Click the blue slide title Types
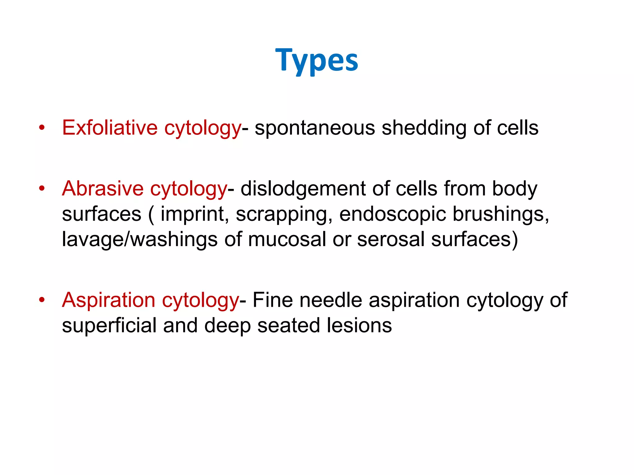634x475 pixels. tap(316, 60)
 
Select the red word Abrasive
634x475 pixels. tap(102, 188)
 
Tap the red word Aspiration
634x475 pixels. tap(108, 300)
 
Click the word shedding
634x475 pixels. tap(424, 128)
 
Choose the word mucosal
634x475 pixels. tap(287, 239)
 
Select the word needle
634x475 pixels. tap(331, 300)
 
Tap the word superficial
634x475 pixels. tap(109, 325)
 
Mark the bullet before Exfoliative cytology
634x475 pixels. tap(42, 127)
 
